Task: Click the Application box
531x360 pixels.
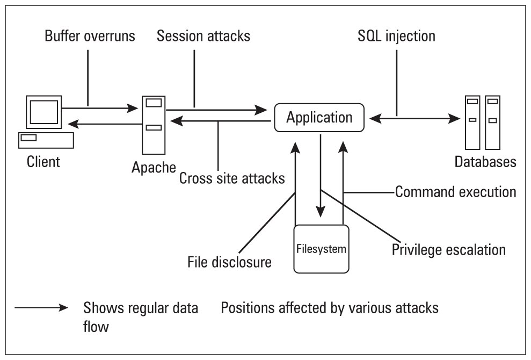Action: coord(319,117)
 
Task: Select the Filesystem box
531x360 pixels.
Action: coord(321,249)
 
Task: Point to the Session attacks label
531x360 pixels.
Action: coord(203,37)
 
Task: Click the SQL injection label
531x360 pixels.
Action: coord(396,37)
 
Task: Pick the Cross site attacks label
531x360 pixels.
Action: coord(232,178)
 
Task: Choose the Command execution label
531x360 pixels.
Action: coord(455,191)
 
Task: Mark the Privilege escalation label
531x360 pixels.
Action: coord(449,250)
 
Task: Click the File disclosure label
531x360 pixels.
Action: coord(229,262)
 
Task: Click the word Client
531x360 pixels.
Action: coord(44,161)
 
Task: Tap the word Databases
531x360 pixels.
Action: coord(485,161)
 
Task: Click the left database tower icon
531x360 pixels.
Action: coord(472,123)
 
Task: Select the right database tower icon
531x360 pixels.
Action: coord(492,123)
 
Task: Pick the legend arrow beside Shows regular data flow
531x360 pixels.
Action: coord(41,308)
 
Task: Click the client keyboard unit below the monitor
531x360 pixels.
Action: coord(45,140)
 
